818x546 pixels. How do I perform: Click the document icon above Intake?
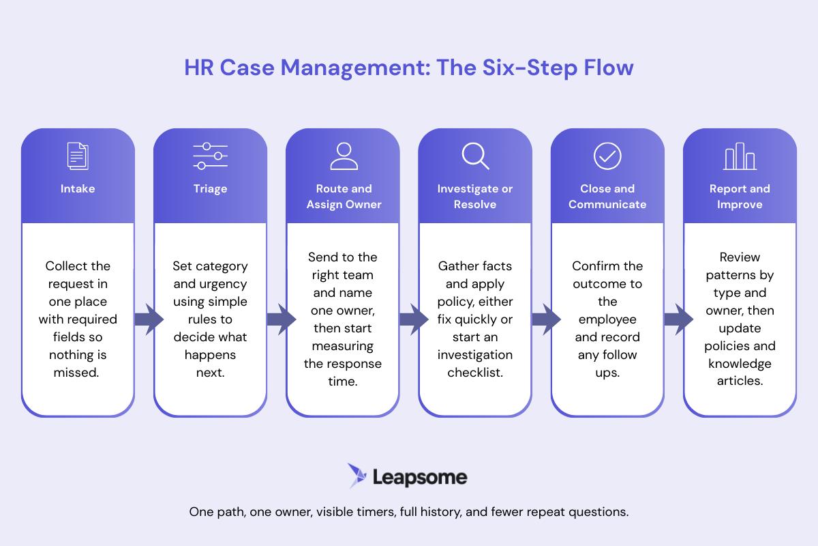78,156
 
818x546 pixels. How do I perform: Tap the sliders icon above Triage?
210,156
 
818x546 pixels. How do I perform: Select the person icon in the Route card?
344,156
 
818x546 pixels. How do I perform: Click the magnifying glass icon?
475,156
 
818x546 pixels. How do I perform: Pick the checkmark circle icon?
607,156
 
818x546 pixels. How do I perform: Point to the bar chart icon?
740,157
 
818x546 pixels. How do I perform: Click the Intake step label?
78,189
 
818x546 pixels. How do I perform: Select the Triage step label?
210,189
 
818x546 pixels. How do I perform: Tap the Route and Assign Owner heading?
344,197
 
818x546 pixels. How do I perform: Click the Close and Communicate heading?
607,197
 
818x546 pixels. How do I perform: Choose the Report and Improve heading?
740,197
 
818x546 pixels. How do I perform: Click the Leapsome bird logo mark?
357,476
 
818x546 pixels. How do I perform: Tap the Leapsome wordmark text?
420,476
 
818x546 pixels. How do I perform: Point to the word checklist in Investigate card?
475,373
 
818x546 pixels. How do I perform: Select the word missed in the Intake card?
78,373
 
